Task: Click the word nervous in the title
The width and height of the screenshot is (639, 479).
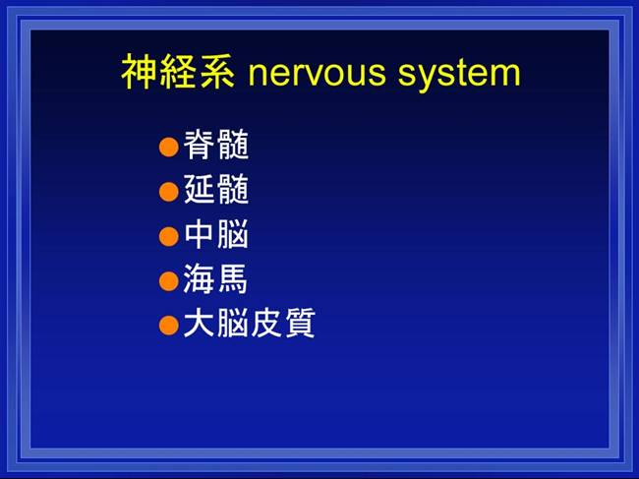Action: pos(317,74)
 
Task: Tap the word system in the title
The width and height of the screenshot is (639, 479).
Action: pos(459,74)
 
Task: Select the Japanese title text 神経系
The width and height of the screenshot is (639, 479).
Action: pos(178,72)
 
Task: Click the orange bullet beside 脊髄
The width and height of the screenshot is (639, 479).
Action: pos(169,147)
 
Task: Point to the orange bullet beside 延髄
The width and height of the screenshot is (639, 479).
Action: pos(169,192)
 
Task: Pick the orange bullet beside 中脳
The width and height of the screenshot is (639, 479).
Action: pos(169,236)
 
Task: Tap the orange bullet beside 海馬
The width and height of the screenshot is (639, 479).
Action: pos(169,281)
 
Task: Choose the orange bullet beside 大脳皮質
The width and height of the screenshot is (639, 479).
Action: pos(169,326)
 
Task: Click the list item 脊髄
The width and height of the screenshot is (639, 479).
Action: pos(216,145)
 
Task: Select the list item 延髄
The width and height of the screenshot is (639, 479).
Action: pos(216,189)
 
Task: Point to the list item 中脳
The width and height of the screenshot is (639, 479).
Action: pos(216,234)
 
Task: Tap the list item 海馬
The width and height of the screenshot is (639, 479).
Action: pos(215,278)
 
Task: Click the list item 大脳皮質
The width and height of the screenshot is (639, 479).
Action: pos(250,323)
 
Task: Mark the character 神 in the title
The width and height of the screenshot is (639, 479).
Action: pos(140,72)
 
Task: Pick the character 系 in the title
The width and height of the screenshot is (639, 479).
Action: pos(217,72)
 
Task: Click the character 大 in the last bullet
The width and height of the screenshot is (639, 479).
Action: pos(199,323)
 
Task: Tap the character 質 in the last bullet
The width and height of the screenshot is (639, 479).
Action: pos(301,323)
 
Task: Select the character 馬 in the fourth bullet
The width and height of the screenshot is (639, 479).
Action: pos(232,278)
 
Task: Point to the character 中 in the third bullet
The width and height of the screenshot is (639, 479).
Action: pos(200,234)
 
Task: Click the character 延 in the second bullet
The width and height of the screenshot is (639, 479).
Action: pos(200,189)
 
